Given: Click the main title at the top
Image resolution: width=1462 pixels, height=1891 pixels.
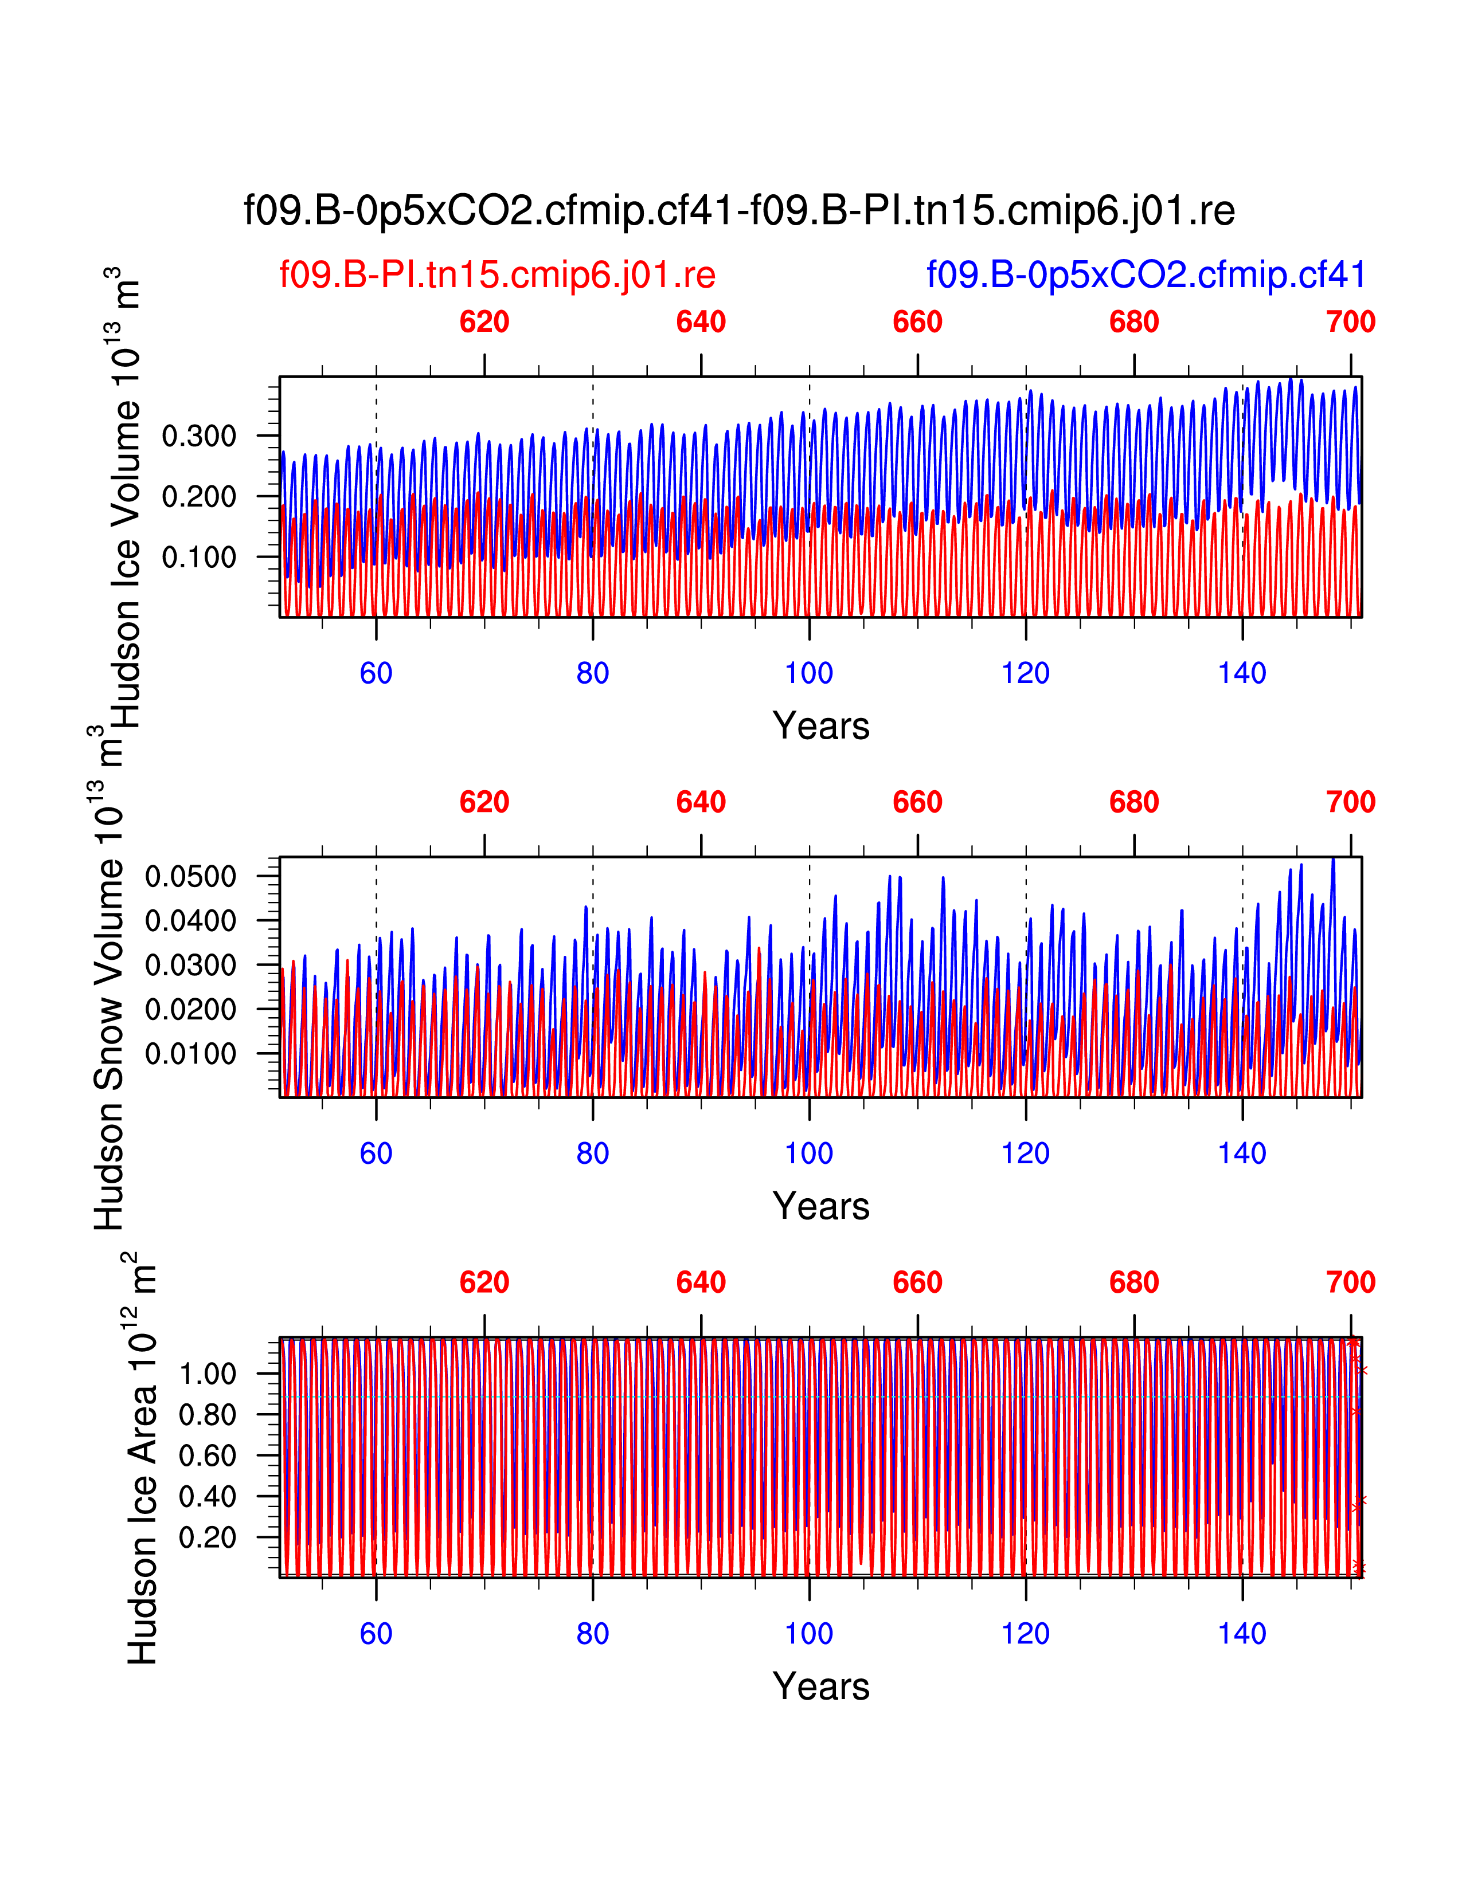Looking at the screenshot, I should click(739, 210).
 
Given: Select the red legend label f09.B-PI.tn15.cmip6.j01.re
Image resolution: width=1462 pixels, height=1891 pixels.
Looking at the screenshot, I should click(497, 275).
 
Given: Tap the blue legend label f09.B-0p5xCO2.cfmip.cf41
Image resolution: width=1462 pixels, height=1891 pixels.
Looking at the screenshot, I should click(1146, 275).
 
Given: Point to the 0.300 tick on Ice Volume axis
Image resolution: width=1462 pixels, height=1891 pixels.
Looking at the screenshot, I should click(199, 437).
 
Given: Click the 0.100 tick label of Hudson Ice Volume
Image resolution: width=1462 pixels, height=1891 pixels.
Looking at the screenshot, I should click(199, 557).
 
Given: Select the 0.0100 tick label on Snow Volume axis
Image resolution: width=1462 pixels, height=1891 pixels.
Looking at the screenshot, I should click(190, 1054).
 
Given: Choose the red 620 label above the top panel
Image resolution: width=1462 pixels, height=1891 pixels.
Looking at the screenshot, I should click(484, 322).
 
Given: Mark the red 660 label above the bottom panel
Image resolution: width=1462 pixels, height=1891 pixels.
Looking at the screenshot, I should click(917, 1282).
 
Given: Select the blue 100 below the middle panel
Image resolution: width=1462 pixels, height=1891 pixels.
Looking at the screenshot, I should click(809, 1154).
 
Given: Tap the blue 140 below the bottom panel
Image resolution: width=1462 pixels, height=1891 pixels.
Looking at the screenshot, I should click(1242, 1634).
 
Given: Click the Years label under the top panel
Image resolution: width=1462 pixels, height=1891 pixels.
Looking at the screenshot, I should click(820, 725).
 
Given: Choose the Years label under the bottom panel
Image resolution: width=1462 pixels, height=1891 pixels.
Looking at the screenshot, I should click(820, 1686).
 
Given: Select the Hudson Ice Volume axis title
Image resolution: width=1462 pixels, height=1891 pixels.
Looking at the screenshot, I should click(124, 502).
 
